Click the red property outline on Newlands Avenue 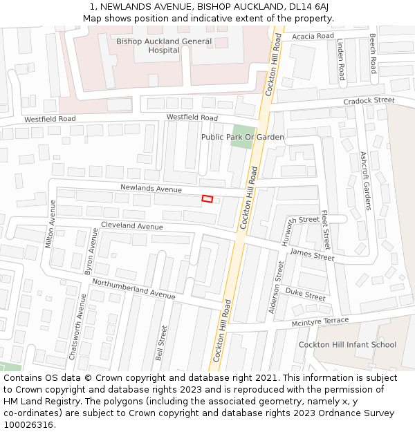point(207,199)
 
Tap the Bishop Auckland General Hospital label point(154,46)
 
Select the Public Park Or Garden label point(242,137)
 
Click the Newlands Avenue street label point(151,188)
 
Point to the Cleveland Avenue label point(132,226)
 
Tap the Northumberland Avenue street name point(133,288)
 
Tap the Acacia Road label point(313,36)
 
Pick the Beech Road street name point(372,53)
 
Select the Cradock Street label point(369,100)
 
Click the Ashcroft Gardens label point(365,181)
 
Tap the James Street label point(311,254)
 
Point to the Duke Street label point(305,295)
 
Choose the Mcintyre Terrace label point(320,321)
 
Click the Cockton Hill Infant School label point(347,344)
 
